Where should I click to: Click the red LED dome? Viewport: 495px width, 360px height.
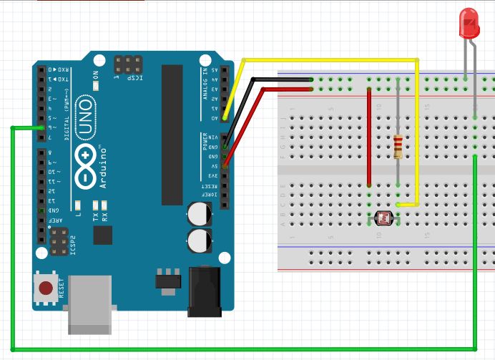pyautogui.click(x=469, y=23)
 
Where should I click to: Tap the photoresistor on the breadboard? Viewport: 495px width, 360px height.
pyautogui.click(x=383, y=217)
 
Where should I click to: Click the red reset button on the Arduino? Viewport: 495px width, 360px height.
pyautogui.click(x=46, y=288)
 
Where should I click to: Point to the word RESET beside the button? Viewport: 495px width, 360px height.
pyautogui.click(x=62, y=288)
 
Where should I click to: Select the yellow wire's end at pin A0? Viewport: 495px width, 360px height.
pyautogui.click(x=225, y=117)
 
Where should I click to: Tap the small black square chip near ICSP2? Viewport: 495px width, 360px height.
pyautogui.click(x=103, y=235)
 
